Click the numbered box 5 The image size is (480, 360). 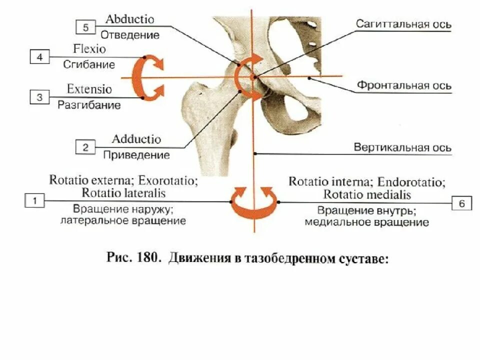[x=85, y=27]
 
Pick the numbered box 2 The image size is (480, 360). [x=85, y=147]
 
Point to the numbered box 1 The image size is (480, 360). [x=34, y=201]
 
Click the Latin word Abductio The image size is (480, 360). [x=130, y=19]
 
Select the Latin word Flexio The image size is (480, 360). [x=89, y=49]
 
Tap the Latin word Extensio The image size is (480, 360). [x=89, y=89]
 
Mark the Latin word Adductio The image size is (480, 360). [x=136, y=139]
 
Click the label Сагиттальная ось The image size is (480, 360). [x=404, y=24]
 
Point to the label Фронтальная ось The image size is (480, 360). [x=404, y=85]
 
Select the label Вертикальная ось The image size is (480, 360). [x=402, y=148]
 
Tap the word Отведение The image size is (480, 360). [x=130, y=35]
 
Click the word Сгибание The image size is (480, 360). [x=89, y=64]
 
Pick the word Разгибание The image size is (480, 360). [x=89, y=105]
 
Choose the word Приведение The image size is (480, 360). [x=136, y=155]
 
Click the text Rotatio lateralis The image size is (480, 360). [x=123, y=192]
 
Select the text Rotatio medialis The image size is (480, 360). [x=367, y=194]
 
